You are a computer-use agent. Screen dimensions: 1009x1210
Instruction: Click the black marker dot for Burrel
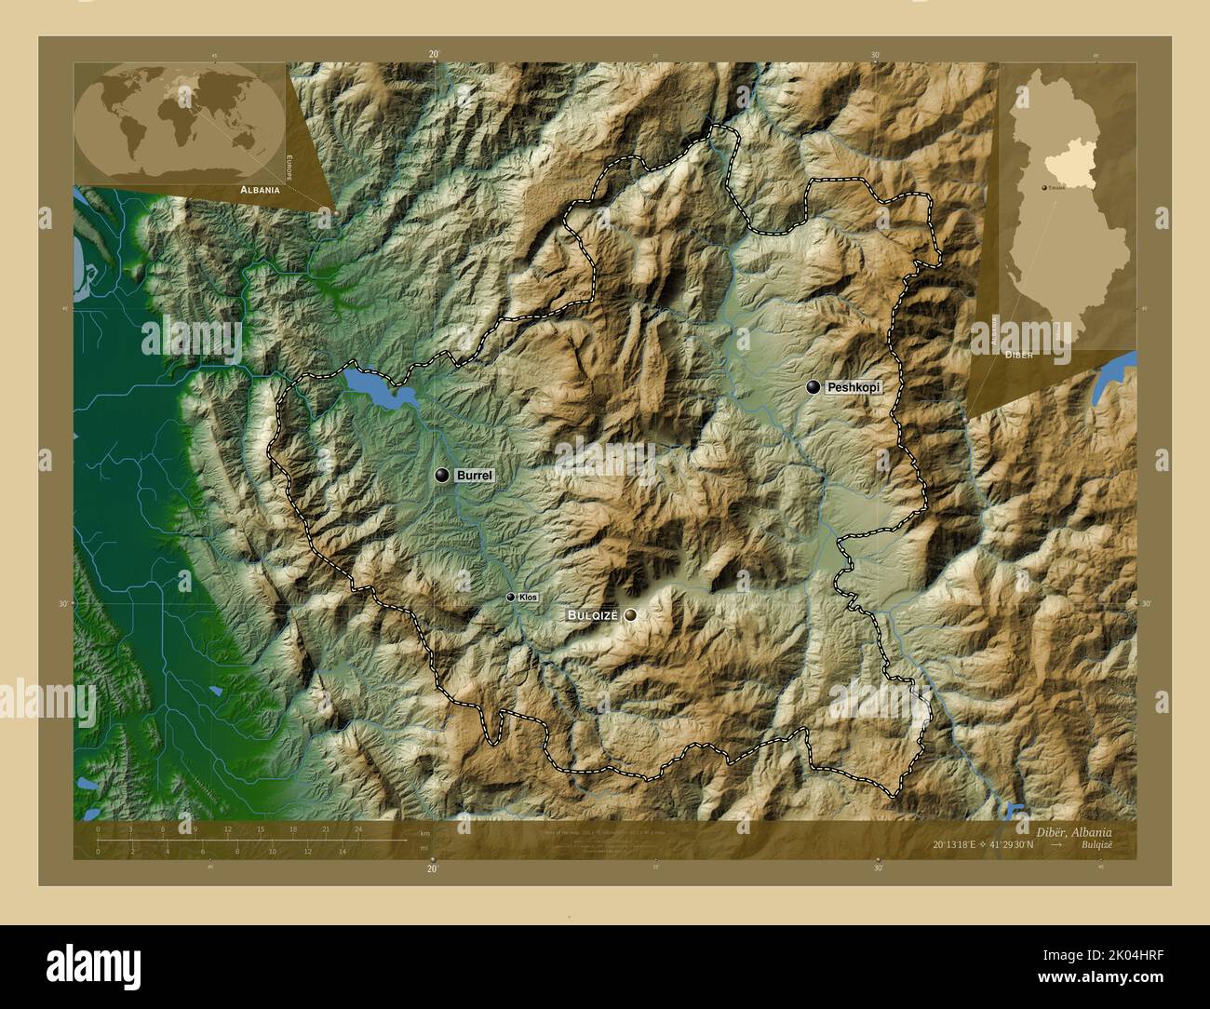[442, 476]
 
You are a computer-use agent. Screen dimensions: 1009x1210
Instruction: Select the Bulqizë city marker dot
[632, 615]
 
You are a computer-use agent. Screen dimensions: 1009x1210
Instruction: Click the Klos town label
[528, 597]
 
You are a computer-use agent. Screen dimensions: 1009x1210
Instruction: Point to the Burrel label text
[474, 476]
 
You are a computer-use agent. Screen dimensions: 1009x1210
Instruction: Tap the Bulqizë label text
[594, 615]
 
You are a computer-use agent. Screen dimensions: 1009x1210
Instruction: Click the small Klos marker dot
[510, 597]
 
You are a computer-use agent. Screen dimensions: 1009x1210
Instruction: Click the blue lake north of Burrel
[377, 387]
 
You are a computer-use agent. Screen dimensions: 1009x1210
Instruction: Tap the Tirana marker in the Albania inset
[1042, 187]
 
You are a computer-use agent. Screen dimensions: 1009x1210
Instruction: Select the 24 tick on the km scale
[357, 829]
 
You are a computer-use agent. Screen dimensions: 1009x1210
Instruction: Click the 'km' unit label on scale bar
[425, 832]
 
